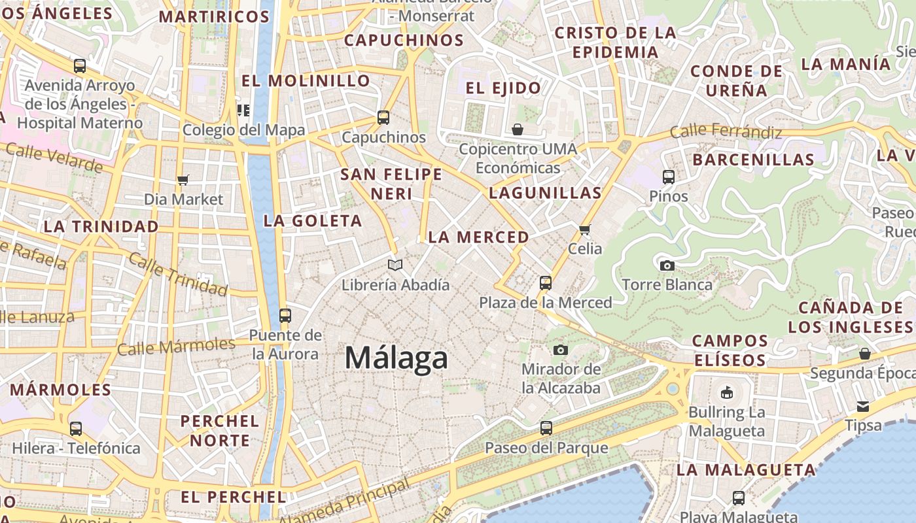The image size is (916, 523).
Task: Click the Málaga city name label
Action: point(396,358)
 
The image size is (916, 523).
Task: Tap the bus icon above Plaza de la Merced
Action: point(546,283)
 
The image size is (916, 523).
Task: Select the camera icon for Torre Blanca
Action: point(667,265)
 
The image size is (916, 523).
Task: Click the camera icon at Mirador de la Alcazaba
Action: point(561,350)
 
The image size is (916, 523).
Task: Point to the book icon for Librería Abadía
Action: point(395,265)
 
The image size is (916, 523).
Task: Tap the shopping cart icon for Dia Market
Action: point(183,180)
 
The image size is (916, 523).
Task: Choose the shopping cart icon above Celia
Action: point(585,229)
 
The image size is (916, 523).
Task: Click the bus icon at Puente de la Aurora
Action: point(285,316)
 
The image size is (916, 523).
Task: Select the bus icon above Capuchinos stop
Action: point(383,118)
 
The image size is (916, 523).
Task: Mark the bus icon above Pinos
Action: point(669,177)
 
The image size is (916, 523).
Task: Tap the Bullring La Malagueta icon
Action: point(726,393)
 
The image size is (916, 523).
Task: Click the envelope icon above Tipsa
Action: point(863,406)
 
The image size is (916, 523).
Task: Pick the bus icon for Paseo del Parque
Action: point(546,428)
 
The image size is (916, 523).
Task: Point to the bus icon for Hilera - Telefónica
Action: point(76,429)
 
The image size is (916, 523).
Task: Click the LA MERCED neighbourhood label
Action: point(478,237)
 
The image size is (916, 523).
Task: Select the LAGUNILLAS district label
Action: point(545,193)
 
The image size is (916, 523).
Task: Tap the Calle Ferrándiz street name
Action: point(726,132)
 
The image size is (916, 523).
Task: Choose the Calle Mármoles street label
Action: point(176,346)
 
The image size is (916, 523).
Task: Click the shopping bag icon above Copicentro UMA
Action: point(518,129)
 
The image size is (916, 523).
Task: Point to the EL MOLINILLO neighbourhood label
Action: point(306,81)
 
